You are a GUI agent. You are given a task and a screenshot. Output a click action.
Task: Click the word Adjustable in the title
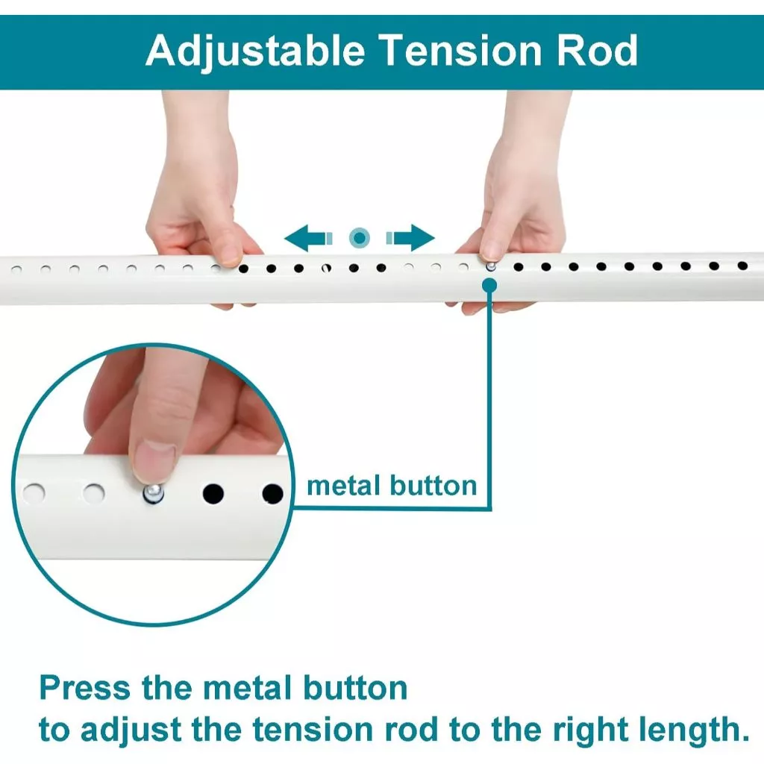pos(256,51)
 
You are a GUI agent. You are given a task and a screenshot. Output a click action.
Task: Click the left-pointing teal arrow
pos(305,238)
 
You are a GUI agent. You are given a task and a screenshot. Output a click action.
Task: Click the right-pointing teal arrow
pos(411,238)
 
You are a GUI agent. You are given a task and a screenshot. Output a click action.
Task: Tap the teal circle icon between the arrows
pos(360,238)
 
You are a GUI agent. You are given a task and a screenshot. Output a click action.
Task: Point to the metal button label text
pos(392,486)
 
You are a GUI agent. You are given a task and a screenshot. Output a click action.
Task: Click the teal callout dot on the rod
pos(489,284)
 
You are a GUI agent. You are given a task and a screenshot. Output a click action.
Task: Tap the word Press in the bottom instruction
pos(85,687)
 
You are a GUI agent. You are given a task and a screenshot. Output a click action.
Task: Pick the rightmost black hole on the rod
pos(742,266)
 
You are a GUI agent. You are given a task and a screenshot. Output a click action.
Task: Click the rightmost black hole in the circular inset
pos(272,493)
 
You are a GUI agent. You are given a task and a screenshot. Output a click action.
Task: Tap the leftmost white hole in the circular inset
pos(33,492)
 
